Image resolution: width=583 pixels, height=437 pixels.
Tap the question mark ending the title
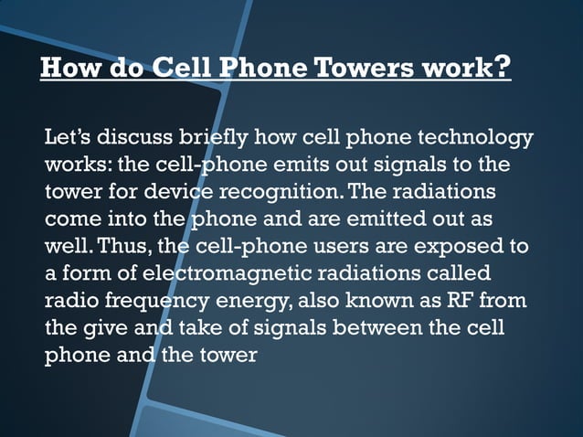coord(501,68)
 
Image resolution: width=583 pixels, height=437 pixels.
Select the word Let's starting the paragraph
coord(68,139)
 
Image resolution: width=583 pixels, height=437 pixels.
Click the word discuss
coord(133,139)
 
